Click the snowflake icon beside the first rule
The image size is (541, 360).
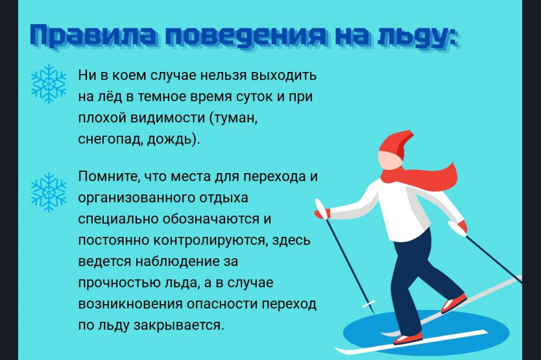(49, 84)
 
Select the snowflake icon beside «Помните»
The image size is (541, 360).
(49, 192)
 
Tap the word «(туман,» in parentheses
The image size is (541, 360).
(234, 119)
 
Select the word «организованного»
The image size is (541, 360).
(137, 198)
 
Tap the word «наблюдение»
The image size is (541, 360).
(177, 262)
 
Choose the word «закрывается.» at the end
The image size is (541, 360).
(179, 325)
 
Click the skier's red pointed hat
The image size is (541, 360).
(396, 144)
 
